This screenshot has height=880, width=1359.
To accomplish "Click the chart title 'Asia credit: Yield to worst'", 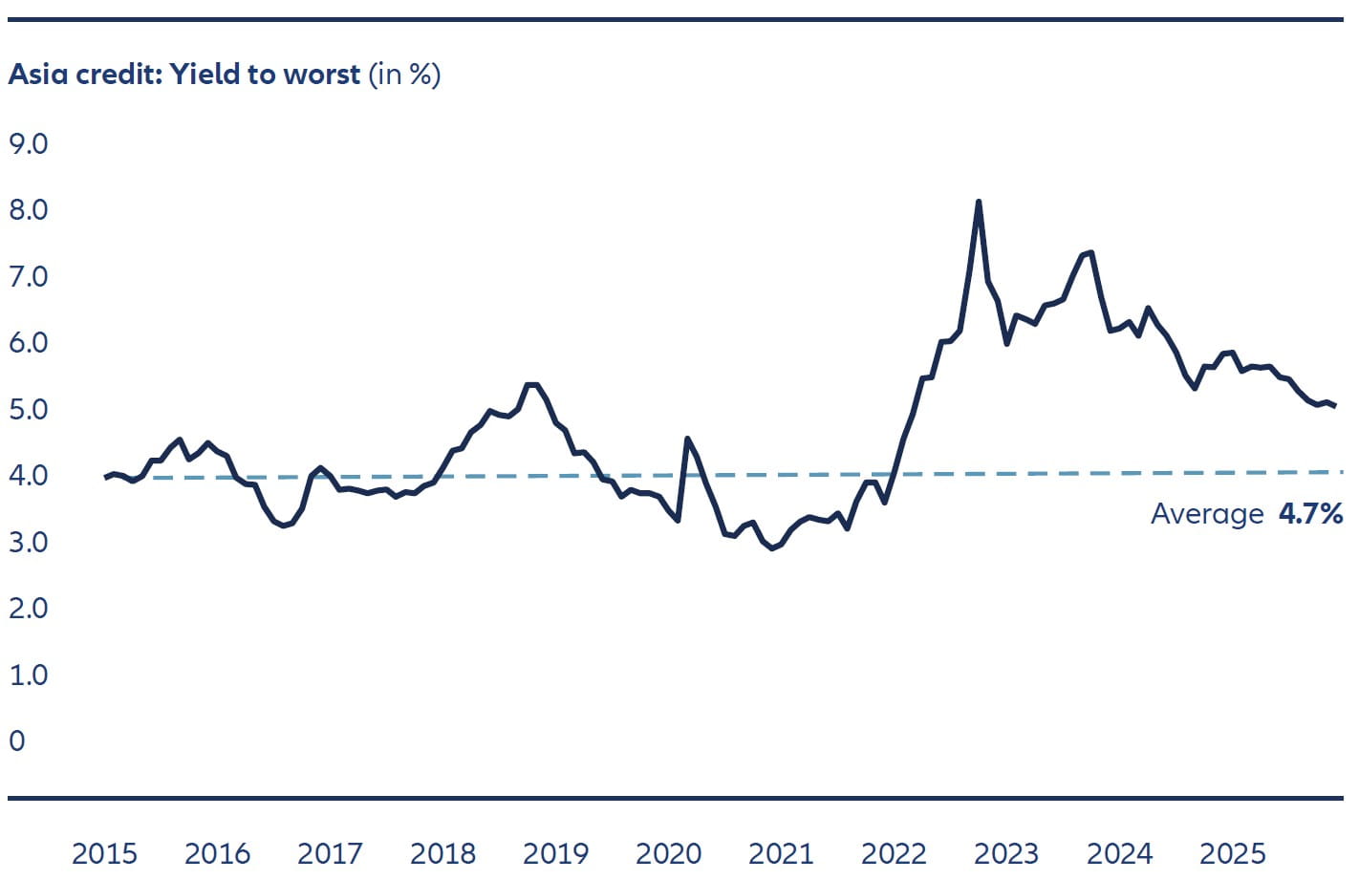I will (184, 75).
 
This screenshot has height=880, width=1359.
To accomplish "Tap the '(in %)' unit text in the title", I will (404, 75).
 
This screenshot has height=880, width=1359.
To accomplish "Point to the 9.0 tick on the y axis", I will (28, 144).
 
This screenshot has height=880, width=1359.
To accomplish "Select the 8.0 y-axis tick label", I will (28, 210).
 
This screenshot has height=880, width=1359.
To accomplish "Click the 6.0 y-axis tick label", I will (28, 343).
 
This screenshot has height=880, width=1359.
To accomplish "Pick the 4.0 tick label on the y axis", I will (28, 476).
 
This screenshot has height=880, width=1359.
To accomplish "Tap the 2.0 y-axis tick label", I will (28, 609).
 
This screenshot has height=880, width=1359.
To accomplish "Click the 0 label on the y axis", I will (17, 741).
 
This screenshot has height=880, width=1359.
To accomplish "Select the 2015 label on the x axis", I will (104, 853).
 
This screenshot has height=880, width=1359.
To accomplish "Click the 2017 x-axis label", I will (330, 853).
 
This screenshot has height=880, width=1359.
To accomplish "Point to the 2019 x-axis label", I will (555, 853).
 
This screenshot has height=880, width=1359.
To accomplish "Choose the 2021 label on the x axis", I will (781, 853).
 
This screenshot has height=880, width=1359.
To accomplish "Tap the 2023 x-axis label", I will (1006, 853).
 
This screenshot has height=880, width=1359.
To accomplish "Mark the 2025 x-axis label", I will (1232, 853).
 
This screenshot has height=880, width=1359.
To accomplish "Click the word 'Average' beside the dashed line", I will (1207, 514).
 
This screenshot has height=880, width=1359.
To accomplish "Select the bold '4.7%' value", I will (1310, 514).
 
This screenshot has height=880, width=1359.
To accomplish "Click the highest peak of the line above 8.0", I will (979, 202).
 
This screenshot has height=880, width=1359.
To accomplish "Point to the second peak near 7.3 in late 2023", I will (1089, 253).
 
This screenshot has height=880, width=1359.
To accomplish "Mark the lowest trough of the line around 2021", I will (772, 548).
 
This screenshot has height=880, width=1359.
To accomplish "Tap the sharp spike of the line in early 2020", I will (687, 439).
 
